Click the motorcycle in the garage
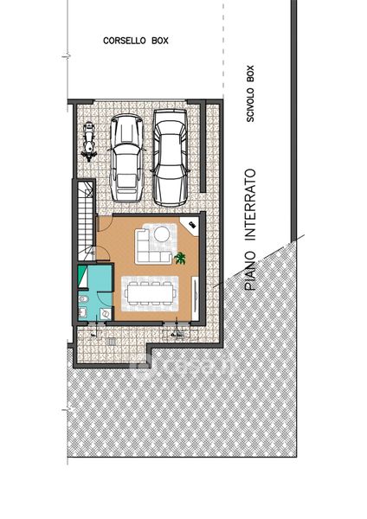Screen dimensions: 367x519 [89, 142]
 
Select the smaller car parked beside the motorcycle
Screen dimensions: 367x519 [126, 158]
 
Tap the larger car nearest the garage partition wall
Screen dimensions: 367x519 [171, 158]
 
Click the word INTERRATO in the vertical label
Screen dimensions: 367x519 [250, 205]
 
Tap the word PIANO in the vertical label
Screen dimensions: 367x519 [250, 271]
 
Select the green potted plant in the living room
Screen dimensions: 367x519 [180, 258]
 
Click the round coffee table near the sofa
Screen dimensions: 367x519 [162, 234]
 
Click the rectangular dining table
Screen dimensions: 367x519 [150, 293]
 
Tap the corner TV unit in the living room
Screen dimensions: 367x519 [190, 226]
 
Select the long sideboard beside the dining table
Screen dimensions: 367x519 [195, 299]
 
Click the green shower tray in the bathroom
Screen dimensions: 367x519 [83, 277]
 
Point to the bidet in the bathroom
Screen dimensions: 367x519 [82, 299]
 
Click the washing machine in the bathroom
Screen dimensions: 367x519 [106, 313]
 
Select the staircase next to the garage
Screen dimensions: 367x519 [86, 220]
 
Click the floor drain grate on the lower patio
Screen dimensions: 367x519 [112, 342]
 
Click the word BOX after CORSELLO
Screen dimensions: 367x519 [160, 41]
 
